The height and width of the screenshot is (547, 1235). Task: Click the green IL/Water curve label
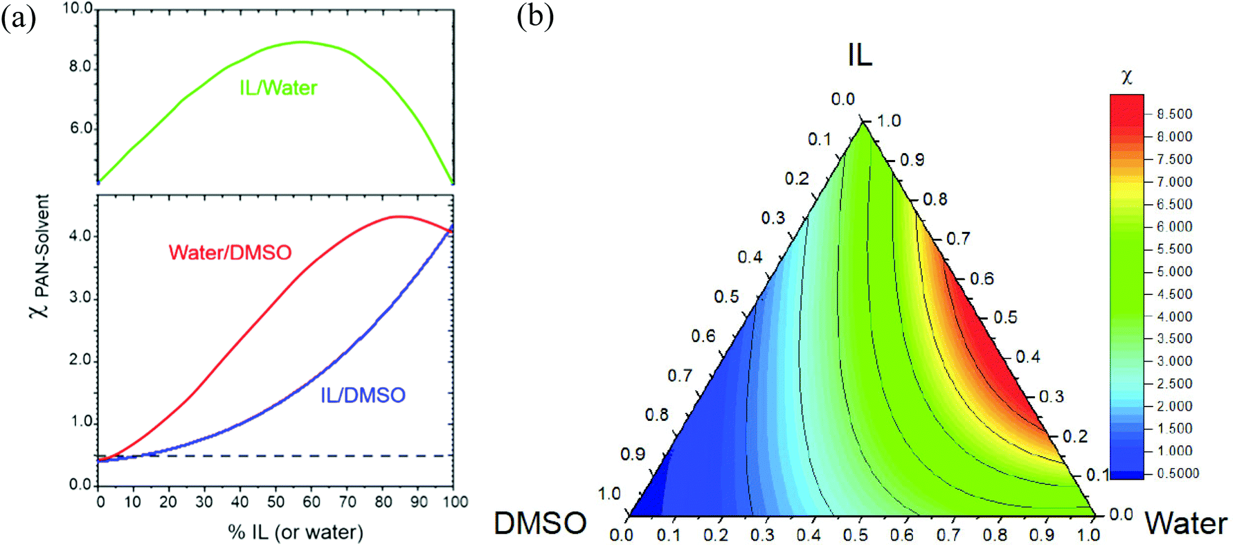click(x=278, y=88)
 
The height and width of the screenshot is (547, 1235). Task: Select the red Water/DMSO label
click(x=230, y=252)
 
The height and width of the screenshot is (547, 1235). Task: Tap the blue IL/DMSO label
click(x=363, y=395)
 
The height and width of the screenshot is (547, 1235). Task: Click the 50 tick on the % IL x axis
click(x=276, y=502)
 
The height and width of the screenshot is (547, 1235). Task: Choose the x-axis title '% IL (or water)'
click(x=295, y=532)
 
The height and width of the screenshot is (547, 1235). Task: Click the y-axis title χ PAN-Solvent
click(x=41, y=255)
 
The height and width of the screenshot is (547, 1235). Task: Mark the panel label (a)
click(x=18, y=17)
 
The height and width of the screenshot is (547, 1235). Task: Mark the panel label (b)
click(x=535, y=16)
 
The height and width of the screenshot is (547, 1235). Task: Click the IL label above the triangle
click(x=860, y=55)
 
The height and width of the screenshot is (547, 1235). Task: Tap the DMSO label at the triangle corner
click(x=540, y=523)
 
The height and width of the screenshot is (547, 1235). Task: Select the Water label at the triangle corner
click(x=1186, y=523)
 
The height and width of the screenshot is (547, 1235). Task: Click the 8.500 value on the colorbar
click(x=1175, y=114)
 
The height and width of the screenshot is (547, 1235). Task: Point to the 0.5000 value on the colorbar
click(x=1178, y=474)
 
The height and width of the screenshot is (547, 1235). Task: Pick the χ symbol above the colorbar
click(x=1127, y=77)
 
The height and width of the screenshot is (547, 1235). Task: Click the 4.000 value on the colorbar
click(x=1175, y=316)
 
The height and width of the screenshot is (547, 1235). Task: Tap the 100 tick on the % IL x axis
click(x=456, y=502)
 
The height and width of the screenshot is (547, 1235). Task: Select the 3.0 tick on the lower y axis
click(x=81, y=297)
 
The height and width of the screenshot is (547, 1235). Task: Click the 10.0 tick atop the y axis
click(x=78, y=9)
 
